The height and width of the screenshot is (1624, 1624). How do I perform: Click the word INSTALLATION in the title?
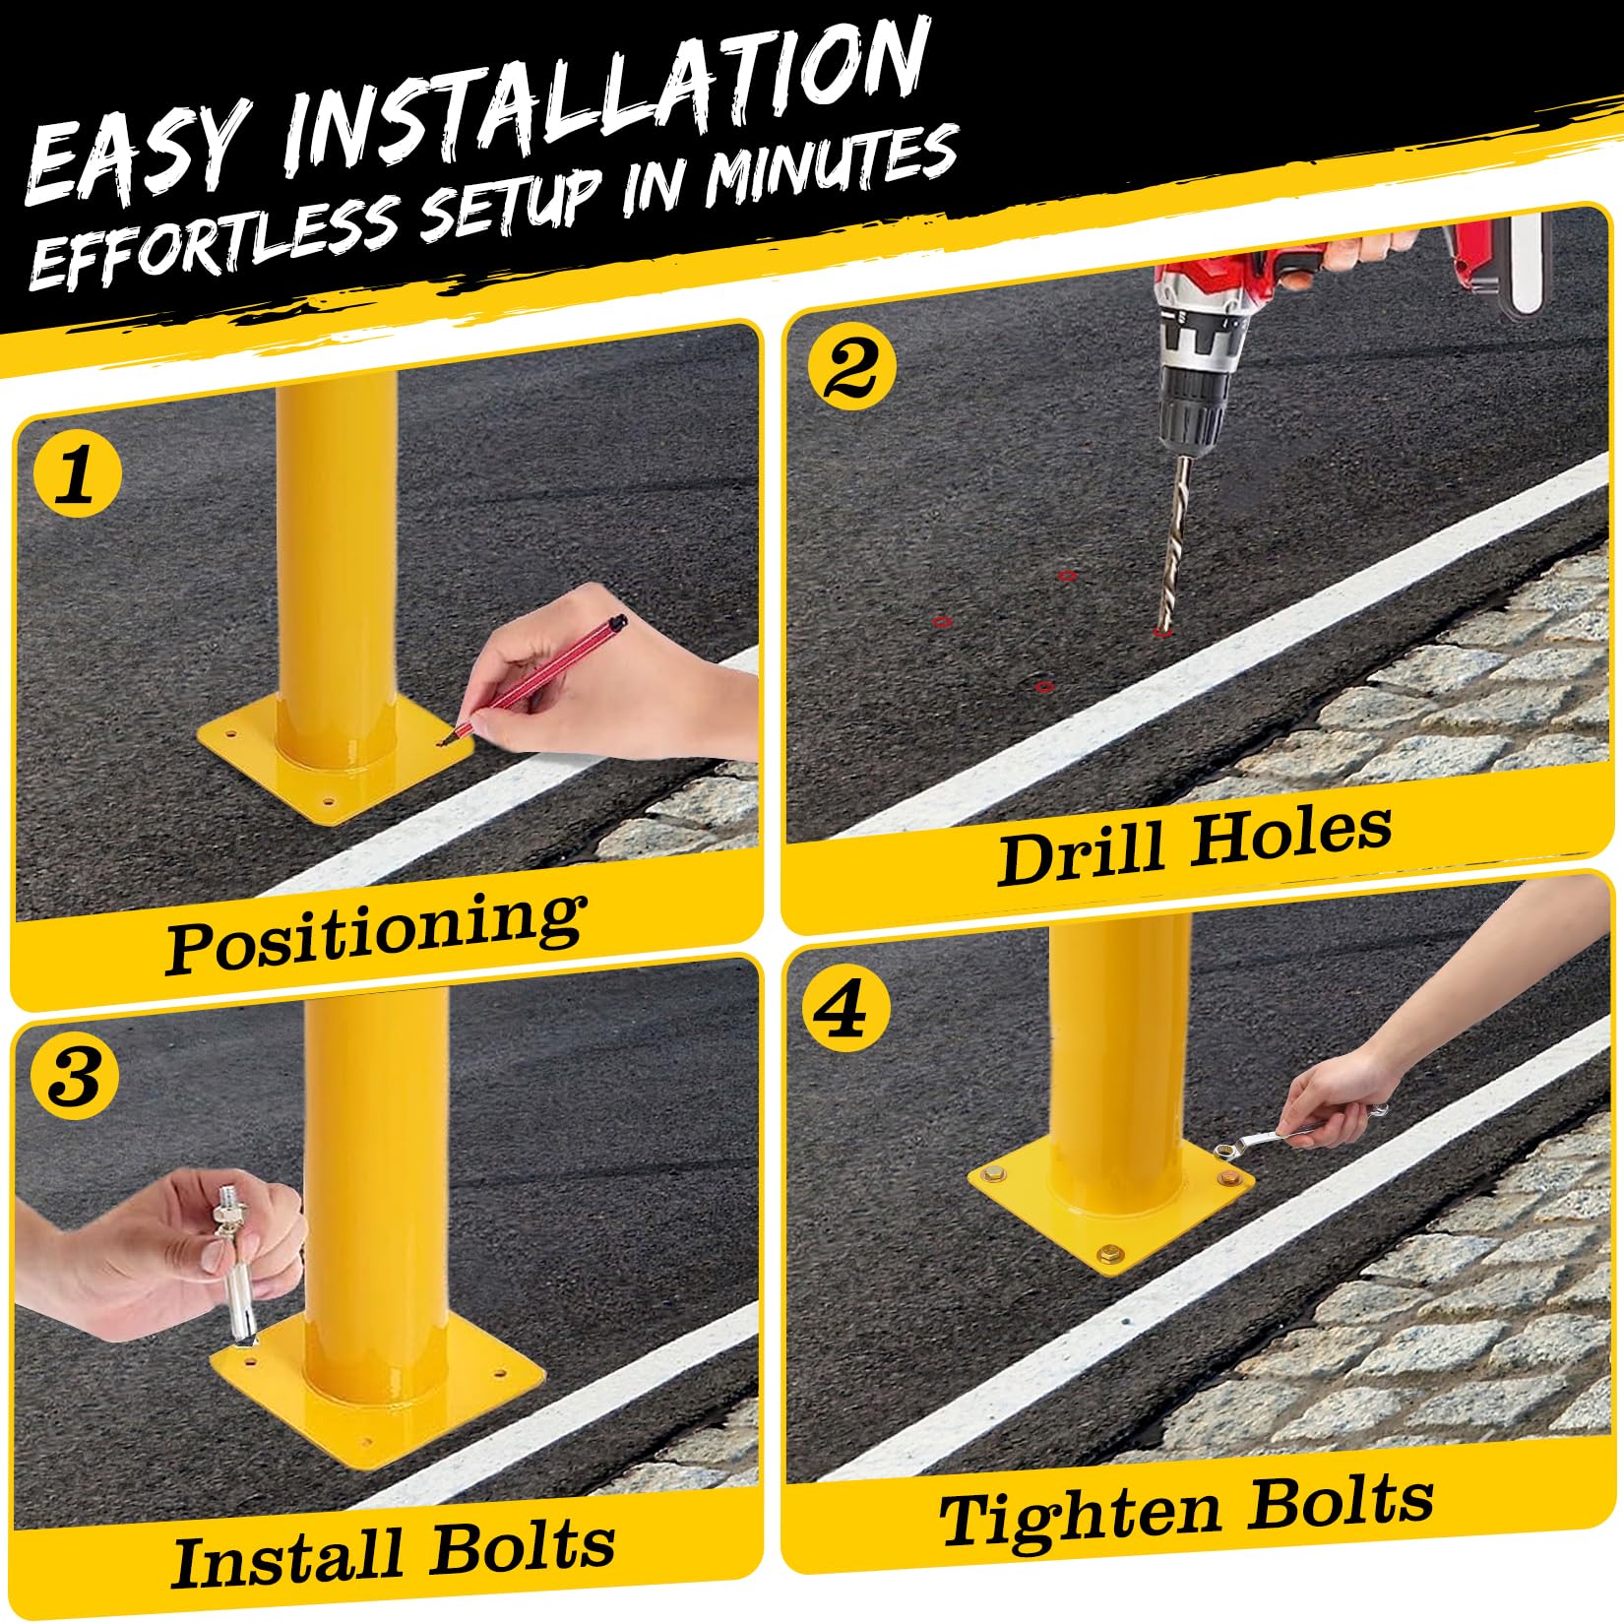point(600,94)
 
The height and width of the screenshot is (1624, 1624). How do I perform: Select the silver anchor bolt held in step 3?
point(233,1270)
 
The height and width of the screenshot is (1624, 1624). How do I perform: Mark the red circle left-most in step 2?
point(942,621)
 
